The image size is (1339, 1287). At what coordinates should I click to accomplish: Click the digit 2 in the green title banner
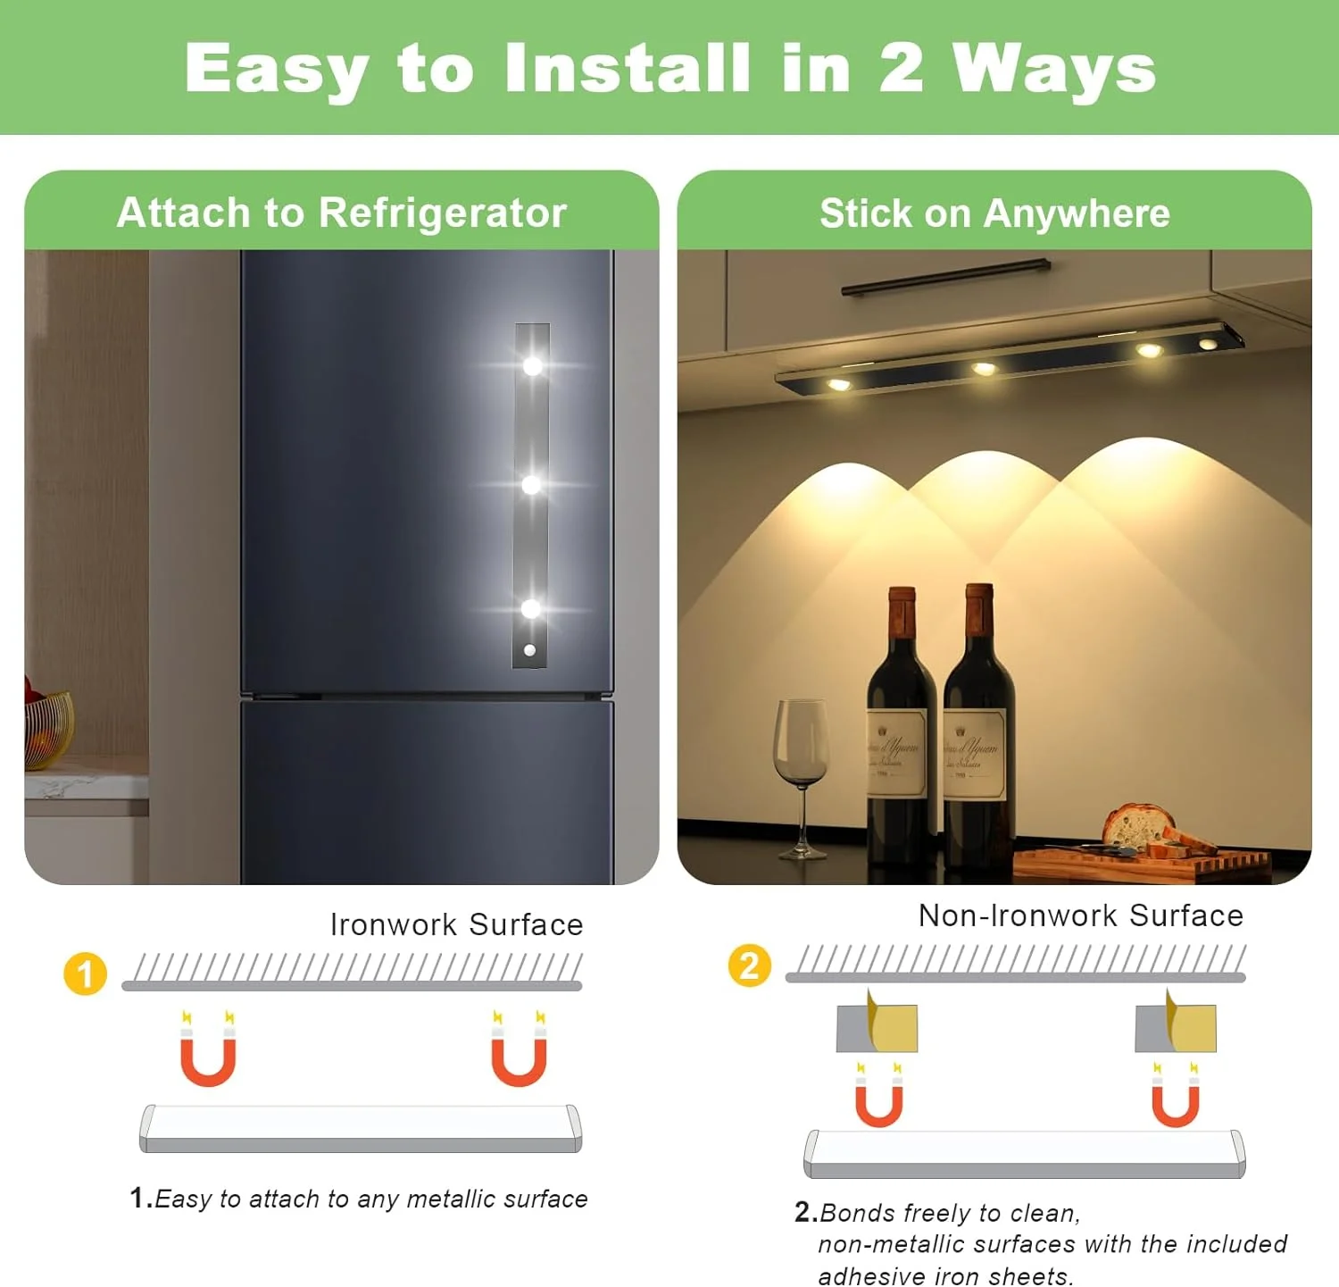coord(900,68)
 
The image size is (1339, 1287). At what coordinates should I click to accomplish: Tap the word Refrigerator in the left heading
coord(443,213)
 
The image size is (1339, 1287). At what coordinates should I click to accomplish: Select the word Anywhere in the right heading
coord(1077,213)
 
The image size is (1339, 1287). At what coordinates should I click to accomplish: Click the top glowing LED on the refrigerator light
coord(532,365)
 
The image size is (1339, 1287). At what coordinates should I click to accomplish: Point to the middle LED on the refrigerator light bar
coord(531,485)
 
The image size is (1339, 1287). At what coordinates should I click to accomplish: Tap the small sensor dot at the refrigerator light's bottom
coord(529,650)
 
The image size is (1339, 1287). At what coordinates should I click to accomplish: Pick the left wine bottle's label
coord(896,750)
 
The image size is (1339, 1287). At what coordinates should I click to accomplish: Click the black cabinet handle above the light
coord(946,277)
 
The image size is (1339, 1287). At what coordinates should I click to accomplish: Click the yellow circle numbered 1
coord(85,974)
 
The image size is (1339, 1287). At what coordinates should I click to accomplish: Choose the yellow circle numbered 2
coord(750,965)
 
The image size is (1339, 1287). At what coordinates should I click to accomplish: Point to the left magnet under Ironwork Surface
coord(208,1050)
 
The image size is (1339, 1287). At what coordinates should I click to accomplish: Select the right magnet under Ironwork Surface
coord(519,1050)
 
